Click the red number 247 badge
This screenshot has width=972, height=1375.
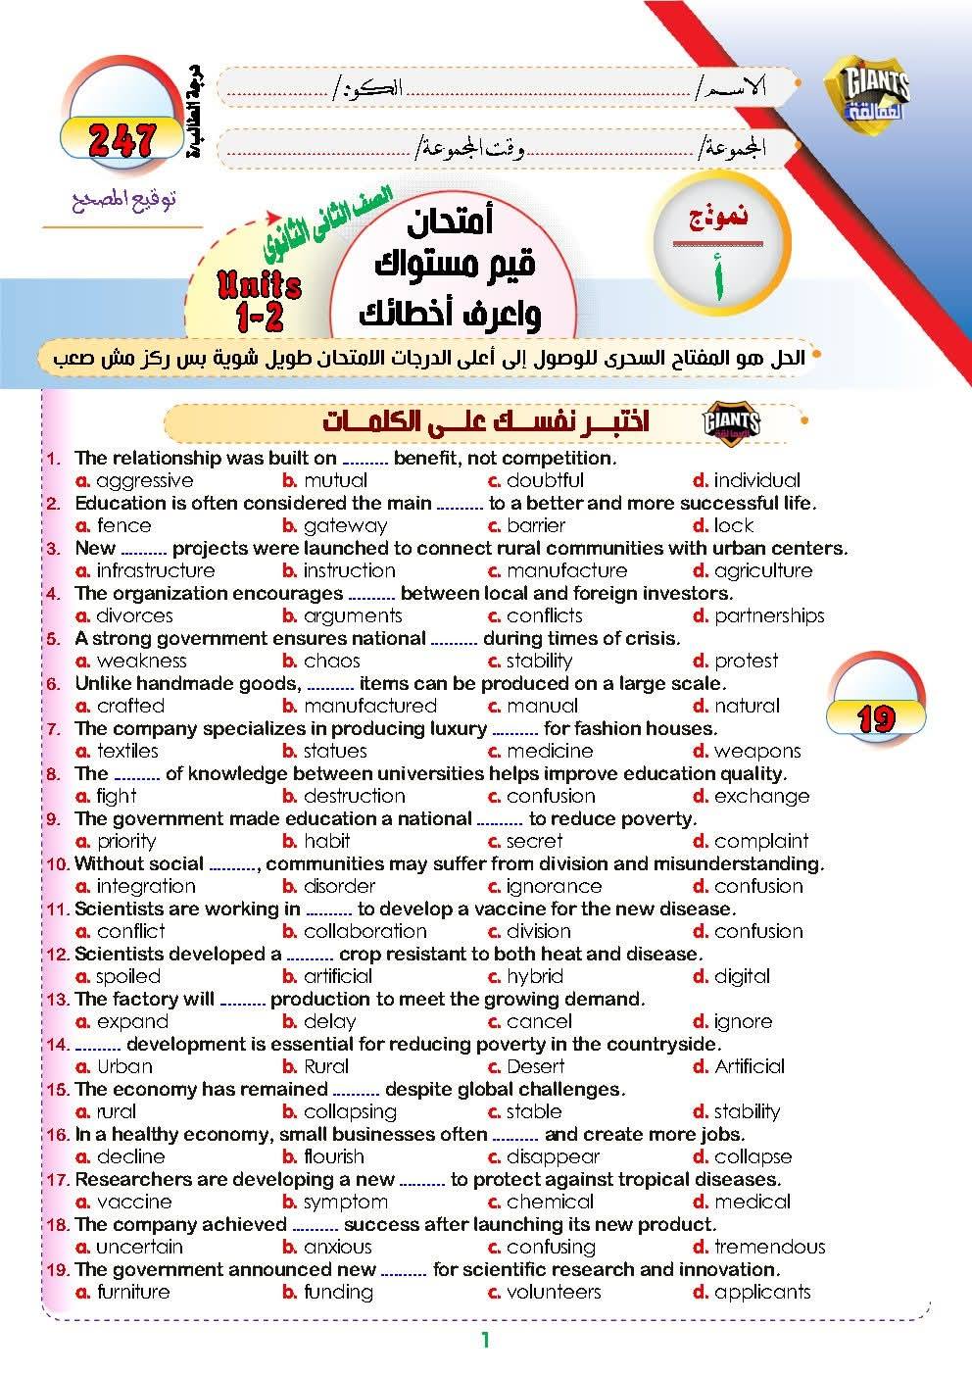point(121,140)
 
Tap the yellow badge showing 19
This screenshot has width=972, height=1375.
point(875,719)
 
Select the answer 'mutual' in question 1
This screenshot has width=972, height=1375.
point(335,480)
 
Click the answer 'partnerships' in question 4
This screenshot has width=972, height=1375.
point(769,615)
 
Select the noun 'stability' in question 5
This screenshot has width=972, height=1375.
point(539,661)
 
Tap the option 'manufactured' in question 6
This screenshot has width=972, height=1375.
point(369,706)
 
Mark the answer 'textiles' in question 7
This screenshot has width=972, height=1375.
point(127,751)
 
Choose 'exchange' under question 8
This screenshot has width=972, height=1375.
point(761,796)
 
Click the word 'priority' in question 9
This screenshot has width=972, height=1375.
point(126,841)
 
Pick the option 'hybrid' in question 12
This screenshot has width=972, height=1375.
point(534,976)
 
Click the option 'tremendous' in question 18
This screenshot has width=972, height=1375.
point(769,1247)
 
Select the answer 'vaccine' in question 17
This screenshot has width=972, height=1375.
point(134,1202)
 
